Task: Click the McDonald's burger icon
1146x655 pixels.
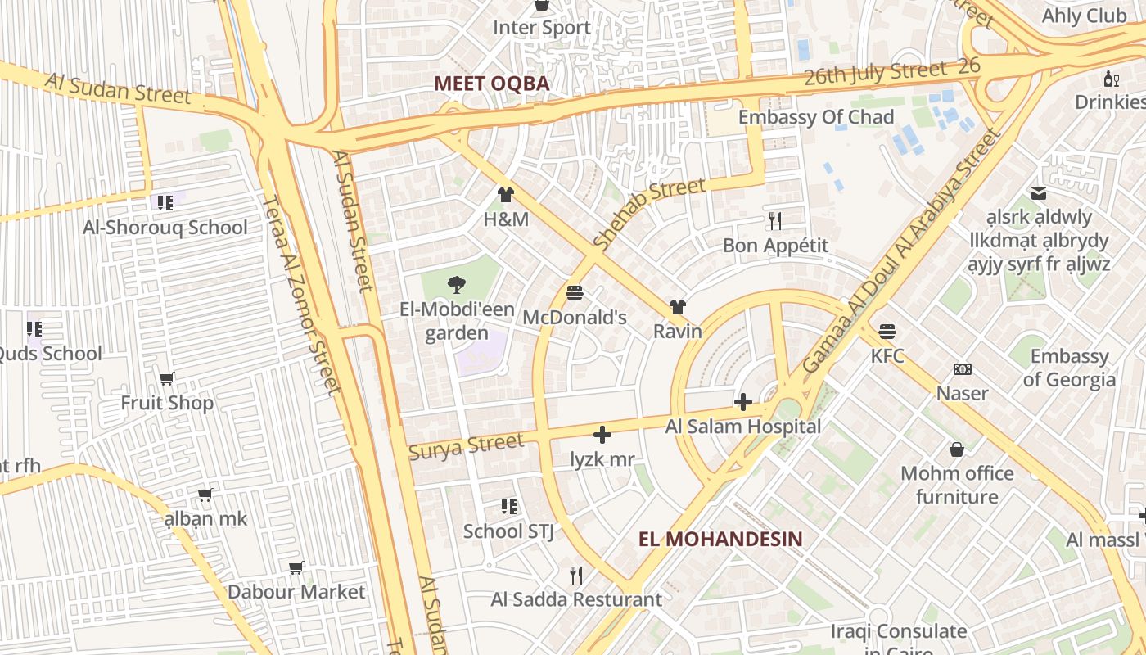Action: coord(574,292)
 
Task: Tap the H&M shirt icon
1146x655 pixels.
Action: coord(506,195)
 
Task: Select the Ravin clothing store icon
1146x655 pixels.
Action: coord(677,307)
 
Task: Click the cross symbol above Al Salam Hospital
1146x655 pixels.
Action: coord(743,401)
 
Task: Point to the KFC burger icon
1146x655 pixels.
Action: coord(887,332)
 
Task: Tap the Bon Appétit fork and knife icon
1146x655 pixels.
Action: coord(775,220)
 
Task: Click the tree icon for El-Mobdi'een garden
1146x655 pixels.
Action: coord(457,284)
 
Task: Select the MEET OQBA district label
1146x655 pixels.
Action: coord(491,84)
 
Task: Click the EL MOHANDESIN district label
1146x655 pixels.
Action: coord(720,539)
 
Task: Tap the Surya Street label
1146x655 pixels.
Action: coord(466,446)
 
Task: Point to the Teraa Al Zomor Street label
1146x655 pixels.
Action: coord(300,295)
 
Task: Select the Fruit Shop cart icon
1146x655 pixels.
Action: coord(167,378)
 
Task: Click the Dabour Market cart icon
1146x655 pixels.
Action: coord(296,567)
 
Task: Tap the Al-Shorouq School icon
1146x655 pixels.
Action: coord(165,202)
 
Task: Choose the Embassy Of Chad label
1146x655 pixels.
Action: coord(815,117)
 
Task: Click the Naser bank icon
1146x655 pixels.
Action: coord(963,369)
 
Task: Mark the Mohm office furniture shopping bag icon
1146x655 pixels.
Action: coord(956,449)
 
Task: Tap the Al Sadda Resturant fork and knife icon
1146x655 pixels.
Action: coord(576,575)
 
